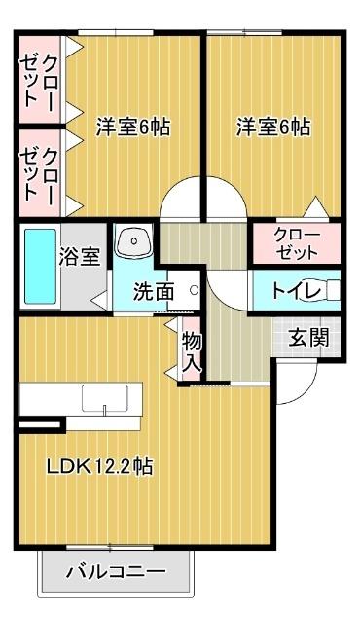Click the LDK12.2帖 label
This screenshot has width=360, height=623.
click(x=99, y=466)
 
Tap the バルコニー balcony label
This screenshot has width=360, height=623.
click(x=115, y=572)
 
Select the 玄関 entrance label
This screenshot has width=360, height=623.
click(x=306, y=338)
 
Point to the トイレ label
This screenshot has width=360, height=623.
click(x=290, y=289)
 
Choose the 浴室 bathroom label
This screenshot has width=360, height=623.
click(x=80, y=256)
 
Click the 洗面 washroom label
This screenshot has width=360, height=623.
click(x=154, y=290)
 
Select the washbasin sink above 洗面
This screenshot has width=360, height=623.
click(x=132, y=241)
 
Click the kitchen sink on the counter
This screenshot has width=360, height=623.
click(x=105, y=398)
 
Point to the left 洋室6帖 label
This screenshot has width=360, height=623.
click(x=132, y=128)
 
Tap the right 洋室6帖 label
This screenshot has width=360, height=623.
click(x=273, y=128)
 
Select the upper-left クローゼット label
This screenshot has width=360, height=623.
click(x=39, y=75)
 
